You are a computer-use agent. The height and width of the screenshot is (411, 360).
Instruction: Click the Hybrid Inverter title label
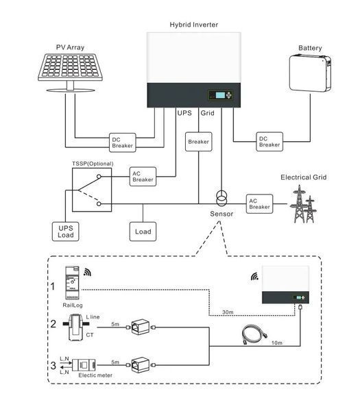click(193, 25)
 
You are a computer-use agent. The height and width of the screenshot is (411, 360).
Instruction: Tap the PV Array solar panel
click(70, 68)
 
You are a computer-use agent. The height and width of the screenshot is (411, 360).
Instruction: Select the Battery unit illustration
click(310, 73)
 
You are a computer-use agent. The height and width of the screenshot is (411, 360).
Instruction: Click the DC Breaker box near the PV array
click(123, 142)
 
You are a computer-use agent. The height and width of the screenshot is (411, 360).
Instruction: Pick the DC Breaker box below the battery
click(269, 142)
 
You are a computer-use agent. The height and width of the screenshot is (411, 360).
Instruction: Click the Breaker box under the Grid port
click(199, 142)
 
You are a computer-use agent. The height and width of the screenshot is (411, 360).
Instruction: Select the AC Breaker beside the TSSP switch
click(143, 177)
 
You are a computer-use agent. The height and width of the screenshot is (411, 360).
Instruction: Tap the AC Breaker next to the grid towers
click(259, 204)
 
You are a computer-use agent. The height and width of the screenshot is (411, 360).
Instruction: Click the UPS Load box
click(65, 232)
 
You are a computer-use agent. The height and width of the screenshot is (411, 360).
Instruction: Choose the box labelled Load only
click(143, 232)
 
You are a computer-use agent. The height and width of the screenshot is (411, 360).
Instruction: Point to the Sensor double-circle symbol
click(221, 199)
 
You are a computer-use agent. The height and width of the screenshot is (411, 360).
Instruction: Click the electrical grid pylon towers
click(304, 204)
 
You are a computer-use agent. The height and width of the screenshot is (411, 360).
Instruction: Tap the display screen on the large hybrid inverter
click(220, 95)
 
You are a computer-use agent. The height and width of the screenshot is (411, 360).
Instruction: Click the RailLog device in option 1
click(72, 283)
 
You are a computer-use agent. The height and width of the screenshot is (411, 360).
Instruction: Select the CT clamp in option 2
click(76, 327)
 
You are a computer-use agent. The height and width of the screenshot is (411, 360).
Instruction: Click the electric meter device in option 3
click(84, 365)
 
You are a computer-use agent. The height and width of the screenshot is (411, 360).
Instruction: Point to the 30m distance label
click(228, 312)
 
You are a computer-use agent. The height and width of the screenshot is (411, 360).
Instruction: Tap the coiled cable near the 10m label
click(254, 334)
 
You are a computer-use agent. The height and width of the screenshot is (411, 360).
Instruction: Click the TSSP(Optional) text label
click(93, 164)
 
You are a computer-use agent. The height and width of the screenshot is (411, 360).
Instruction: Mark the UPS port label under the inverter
click(184, 113)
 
